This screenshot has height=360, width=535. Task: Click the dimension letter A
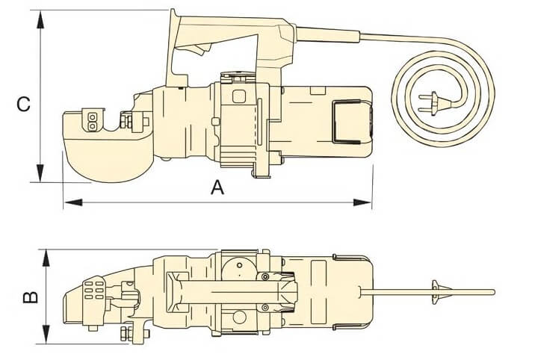point(217,188)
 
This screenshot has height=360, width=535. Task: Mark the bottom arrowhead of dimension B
point(46,335)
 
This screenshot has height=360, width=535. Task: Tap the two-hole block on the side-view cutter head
point(91,121)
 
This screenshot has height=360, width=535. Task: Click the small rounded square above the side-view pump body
point(240,96)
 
